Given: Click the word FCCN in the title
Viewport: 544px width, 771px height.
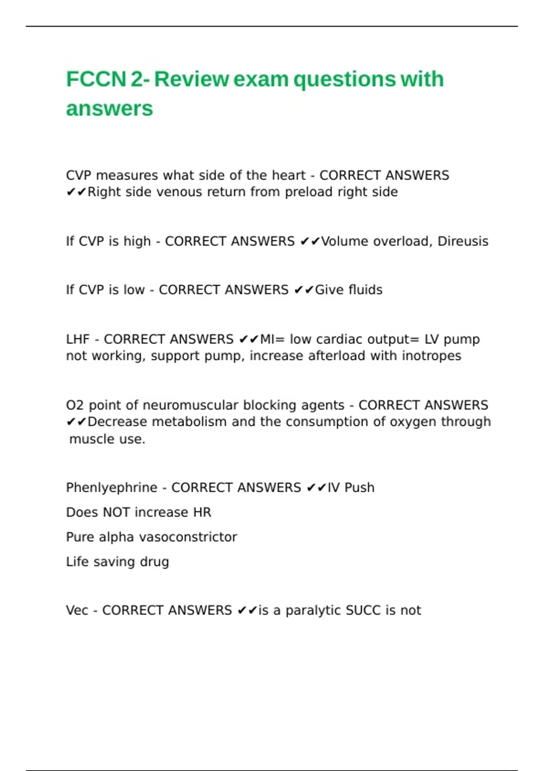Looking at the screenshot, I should pos(96,79).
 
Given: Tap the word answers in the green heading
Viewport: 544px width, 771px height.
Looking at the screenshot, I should pos(109,109).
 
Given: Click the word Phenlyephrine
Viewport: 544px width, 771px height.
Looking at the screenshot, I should pos(112,488).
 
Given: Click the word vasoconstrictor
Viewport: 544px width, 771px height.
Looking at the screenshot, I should pos(188,537).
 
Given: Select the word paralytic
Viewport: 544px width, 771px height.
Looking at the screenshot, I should pos(313,611).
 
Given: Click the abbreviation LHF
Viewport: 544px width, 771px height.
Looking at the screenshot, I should pos(78,339).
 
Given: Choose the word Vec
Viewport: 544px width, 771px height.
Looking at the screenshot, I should pos(77,610).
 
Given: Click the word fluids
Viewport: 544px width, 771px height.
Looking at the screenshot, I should pos(365,290).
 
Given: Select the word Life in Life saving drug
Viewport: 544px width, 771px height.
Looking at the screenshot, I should pos(77,562).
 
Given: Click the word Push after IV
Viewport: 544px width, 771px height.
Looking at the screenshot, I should pos(359,488).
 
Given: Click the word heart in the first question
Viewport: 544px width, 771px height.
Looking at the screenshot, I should pos(288,176).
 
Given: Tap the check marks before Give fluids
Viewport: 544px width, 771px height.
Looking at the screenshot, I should pos(304,290).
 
